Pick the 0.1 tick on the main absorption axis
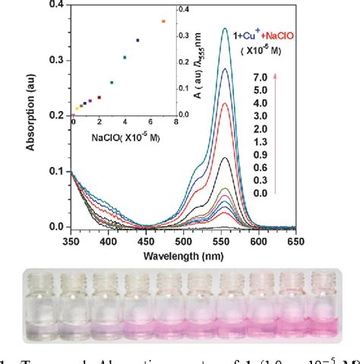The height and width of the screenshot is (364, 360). (57, 171)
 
